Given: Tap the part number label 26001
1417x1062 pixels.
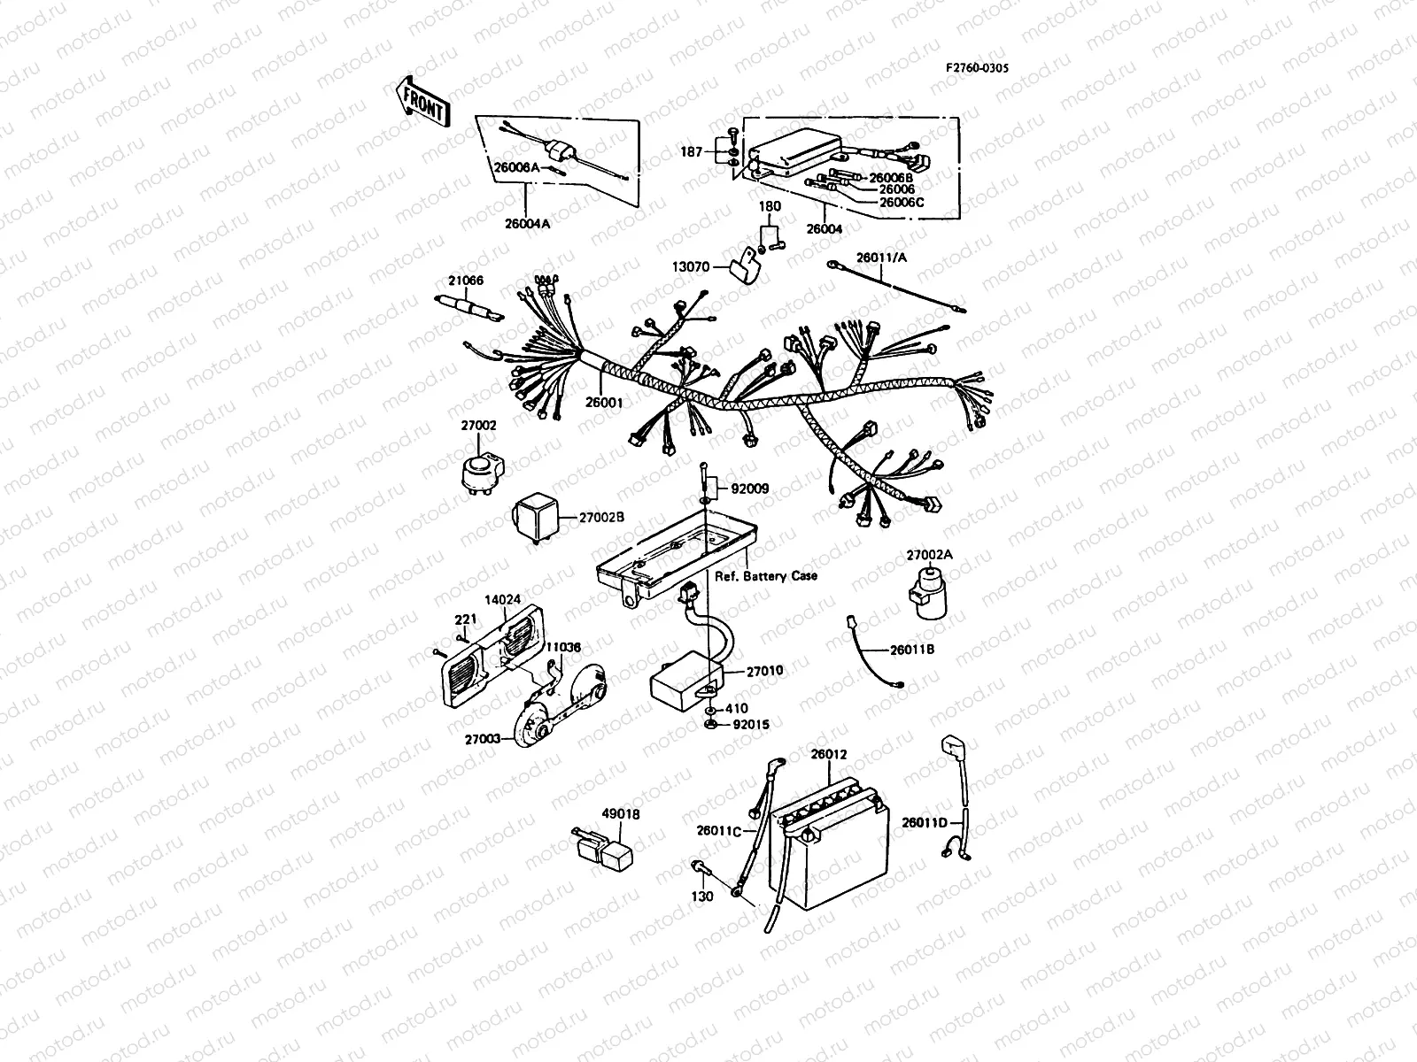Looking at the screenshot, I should pos(605,403).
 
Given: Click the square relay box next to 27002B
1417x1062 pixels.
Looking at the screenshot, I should pos(531,517).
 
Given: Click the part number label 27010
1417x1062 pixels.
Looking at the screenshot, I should pos(764,672).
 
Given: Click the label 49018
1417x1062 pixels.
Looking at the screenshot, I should pos(620,814).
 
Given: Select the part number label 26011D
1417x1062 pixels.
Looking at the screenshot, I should pos(925,823).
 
